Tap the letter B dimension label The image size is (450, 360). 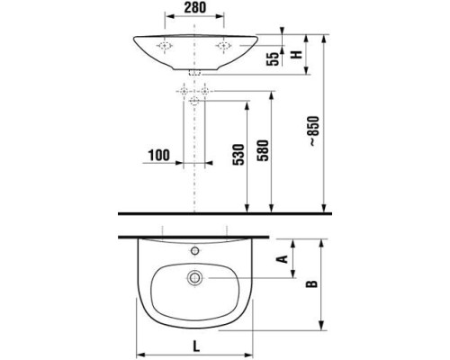311,284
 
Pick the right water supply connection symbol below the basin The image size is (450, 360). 205,91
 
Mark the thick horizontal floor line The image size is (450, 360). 225,214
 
